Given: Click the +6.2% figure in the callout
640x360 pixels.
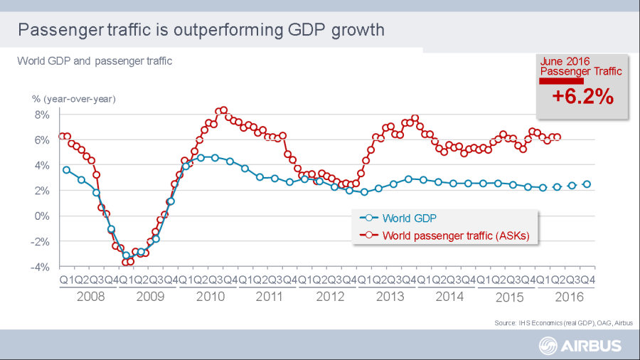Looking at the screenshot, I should (x=582, y=97).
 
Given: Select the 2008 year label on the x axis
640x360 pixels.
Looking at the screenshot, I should (x=90, y=296).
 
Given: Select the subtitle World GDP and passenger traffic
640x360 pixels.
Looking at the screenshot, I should (x=95, y=61).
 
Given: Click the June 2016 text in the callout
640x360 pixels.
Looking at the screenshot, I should (x=566, y=61).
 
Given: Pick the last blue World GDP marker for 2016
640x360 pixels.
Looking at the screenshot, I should (x=587, y=184).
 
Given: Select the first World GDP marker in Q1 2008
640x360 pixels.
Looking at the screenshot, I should (x=66, y=170).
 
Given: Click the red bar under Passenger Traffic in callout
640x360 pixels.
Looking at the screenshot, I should (x=561, y=80).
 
